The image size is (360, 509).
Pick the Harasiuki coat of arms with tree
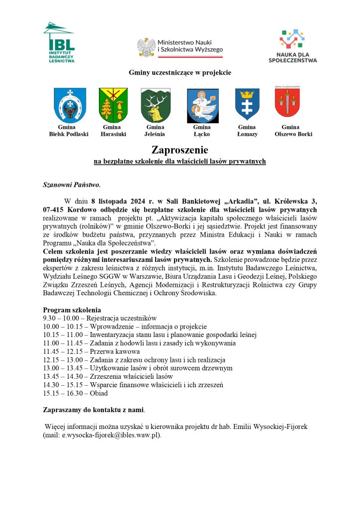pyautogui.click(x=113, y=105)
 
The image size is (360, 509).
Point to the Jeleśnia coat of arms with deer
pyautogui.click(x=156, y=105)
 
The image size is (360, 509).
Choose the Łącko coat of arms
pyautogui.click(x=199, y=105)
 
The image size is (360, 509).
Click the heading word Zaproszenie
pyautogui.click(x=180, y=150)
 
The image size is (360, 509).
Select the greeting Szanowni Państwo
pyautogui.click(x=72, y=185)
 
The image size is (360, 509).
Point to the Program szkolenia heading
pyautogui.click(x=72, y=309)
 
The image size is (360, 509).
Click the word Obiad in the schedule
pyautogui.click(x=99, y=393)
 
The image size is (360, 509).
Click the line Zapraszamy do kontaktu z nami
pyautogui.click(x=94, y=410)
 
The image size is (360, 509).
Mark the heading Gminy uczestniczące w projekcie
pyautogui.click(x=180, y=73)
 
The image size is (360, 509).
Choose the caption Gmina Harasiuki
pyautogui.click(x=113, y=131)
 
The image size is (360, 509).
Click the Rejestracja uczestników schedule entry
pyautogui.click(x=124, y=318)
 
